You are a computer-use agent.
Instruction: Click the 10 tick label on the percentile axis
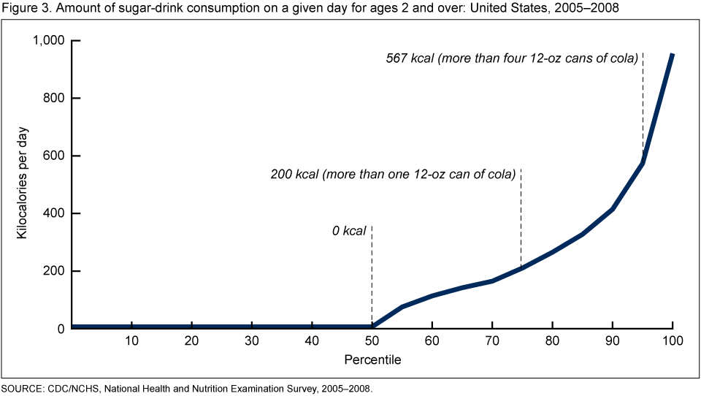pos(131,341)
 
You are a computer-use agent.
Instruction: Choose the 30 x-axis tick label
pos(252,341)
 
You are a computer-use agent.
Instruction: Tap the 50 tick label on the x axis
pos(372,341)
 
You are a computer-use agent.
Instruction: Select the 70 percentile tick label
pos(492,341)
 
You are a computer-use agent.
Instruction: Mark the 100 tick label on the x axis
pos(673,341)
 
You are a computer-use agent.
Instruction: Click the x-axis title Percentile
pos(372,360)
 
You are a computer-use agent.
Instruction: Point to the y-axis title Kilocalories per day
pos(23,184)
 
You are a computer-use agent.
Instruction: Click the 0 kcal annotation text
pos(348,232)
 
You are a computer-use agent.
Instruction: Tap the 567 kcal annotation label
pos(512,58)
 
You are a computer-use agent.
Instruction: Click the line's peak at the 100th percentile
pos(673,55)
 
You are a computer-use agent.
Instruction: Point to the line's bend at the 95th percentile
pos(643,163)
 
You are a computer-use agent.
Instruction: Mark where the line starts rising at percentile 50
pos(372,327)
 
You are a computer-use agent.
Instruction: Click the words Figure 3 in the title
pos(24,8)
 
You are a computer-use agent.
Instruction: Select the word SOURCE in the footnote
pos(22,389)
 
